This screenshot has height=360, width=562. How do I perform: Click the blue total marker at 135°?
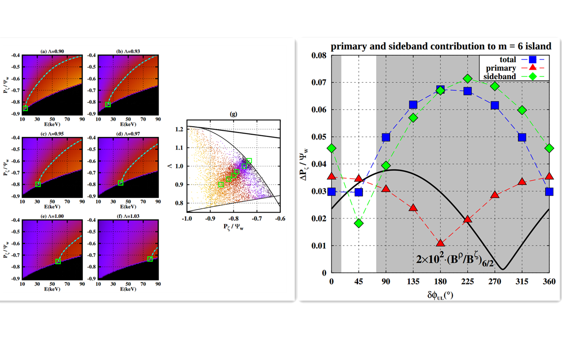[413, 105]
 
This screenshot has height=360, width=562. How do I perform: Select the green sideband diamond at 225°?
[468, 78]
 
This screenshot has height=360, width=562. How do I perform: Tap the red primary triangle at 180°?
[440, 243]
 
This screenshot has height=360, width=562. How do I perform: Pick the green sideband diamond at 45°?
[359, 223]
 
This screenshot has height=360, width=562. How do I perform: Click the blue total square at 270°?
[495, 105]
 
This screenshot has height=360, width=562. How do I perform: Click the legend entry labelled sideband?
[500, 76]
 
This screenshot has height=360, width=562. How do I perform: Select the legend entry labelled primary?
[501, 68]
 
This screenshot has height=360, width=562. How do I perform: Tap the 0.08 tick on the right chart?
[319, 55]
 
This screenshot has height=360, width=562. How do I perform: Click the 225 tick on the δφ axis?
[468, 282]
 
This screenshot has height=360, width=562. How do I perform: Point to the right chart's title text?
[441, 46]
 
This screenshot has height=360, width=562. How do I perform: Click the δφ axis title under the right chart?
[440, 296]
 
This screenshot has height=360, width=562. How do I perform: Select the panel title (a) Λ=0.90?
[52, 51]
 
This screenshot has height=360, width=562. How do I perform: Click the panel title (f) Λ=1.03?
[128, 216]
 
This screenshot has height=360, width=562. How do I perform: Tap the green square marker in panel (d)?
[121, 183]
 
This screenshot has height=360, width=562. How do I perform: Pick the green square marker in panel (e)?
[58, 261]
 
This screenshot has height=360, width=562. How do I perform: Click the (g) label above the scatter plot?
[233, 114]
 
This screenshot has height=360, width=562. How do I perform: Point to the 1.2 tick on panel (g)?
[179, 129]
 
